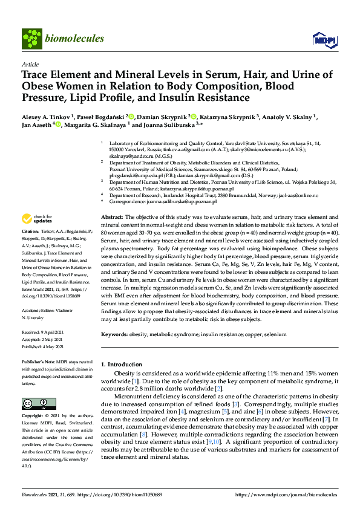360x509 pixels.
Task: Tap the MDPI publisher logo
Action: [321, 40]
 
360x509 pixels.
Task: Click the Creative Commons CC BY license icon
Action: [35, 403]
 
